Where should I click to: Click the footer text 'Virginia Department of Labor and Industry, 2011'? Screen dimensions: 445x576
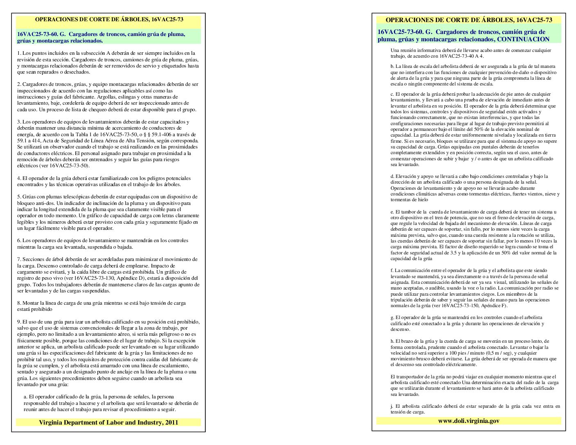coord(108,423)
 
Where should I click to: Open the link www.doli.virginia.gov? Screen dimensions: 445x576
coord(468,421)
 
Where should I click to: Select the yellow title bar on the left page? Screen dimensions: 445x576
coord(108,20)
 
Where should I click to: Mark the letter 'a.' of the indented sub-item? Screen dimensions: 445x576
coord(26,397)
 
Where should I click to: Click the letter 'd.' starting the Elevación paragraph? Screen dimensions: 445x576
coord(392,176)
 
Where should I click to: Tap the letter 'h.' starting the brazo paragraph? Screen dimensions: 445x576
coord(392,341)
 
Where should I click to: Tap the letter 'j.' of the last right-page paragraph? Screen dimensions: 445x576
coord(392,406)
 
